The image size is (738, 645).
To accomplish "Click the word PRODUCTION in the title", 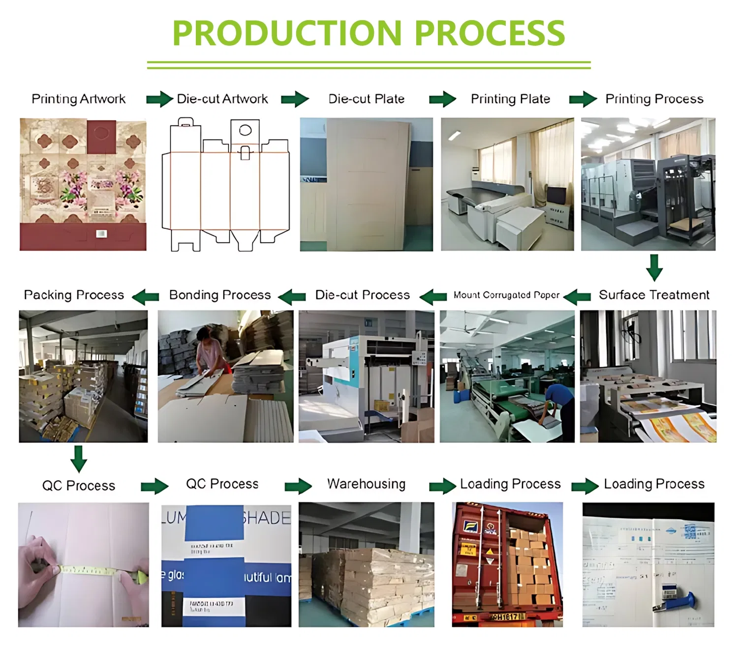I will pyautogui.click(x=287, y=33).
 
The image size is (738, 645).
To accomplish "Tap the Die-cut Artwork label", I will pyautogui.click(x=222, y=99).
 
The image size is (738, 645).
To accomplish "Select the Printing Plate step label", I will pyautogui.click(x=510, y=99).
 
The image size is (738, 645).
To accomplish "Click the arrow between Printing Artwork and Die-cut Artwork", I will pyautogui.click(x=159, y=99).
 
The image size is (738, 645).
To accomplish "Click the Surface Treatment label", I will pyautogui.click(x=654, y=295).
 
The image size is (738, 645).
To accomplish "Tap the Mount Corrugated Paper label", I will pyautogui.click(x=506, y=295).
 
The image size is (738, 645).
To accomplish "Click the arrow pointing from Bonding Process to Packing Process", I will pyautogui.click(x=146, y=296).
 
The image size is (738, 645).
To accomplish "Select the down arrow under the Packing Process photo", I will pyautogui.click(x=79, y=459).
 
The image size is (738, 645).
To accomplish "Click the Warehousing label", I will pyautogui.click(x=367, y=484).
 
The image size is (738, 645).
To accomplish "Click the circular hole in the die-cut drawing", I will pyautogui.click(x=245, y=130).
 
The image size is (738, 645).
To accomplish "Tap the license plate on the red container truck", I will pyautogui.click(x=506, y=616).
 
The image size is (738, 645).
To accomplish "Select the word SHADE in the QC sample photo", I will pyautogui.click(x=266, y=518).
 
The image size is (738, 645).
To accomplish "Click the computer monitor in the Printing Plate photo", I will pyautogui.click(x=556, y=196).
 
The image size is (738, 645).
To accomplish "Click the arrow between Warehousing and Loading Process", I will pyautogui.click(x=442, y=486).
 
